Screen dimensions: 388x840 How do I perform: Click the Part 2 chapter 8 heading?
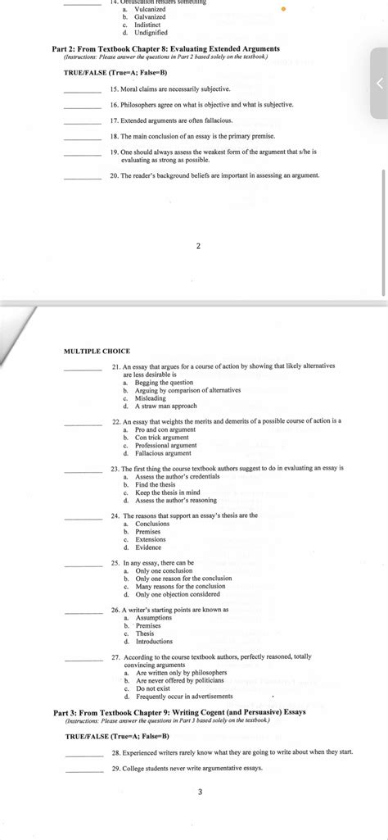[165, 49]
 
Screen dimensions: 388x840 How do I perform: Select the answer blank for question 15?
[82, 89]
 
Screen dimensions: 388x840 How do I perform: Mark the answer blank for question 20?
[82, 177]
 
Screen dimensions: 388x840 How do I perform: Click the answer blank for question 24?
[82, 517]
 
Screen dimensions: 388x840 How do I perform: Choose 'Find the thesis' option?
[155, 484]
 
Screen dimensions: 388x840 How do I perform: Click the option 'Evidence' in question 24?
[148, 547]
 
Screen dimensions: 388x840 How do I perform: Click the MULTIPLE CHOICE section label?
[97, 351]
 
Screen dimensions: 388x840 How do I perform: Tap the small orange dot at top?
[284, 11]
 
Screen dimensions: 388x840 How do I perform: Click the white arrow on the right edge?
[378, 84]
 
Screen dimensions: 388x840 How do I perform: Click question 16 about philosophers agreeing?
[201, 105]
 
